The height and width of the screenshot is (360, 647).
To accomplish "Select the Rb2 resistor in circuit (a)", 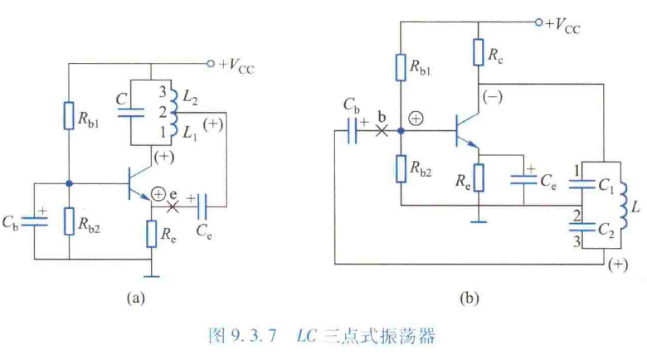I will pos(69,220).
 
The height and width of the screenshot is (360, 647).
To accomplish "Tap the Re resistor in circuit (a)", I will pos(151,235).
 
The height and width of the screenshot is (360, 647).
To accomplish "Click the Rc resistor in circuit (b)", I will pos(479,52).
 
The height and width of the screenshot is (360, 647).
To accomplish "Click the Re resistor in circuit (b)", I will pos(479,177).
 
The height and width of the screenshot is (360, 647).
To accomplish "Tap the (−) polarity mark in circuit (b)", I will pos(496,97).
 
